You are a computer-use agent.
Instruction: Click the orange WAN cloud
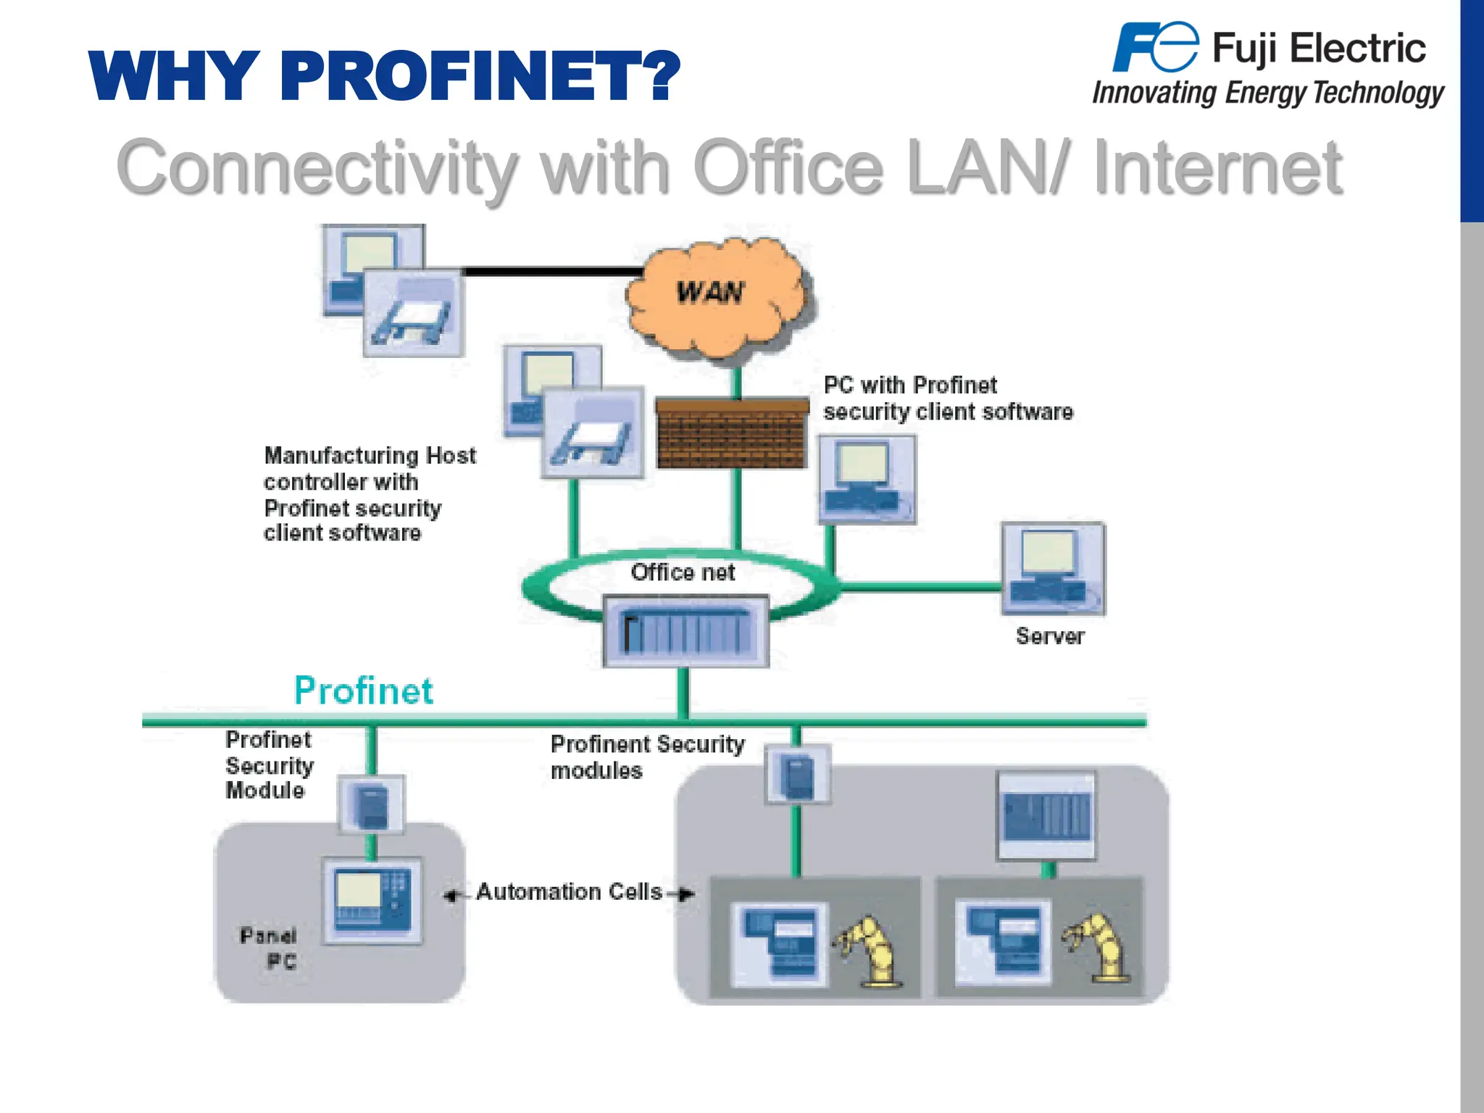pyautogui.click(x=714, y=297)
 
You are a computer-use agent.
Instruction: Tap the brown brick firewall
pyautogui.click(x=732, y=433)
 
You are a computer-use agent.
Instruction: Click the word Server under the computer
pyautogui.click(x=1050, y=636)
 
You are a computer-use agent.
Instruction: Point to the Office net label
pyautogui.click(x=683, y=572)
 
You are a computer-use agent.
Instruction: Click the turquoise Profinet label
pyautogui.click(x=364, y=691)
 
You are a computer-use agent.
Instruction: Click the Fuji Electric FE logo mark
pyautogui.click(x=1155, y=48)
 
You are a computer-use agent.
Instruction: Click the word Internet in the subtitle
pyautogui.click(x=1217, y=168)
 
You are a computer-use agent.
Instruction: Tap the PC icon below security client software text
pyautogui.click(x=867, y=480)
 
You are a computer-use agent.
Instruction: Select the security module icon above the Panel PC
pyautogui.click(x=371, y=805)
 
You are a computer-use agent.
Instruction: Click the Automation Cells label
pyautogui.click(x=569, y=892)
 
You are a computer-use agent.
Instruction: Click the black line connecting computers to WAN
pyautogui.click(x=551, y=272)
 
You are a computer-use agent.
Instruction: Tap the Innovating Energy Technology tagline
pyautogui.click(x=1267, y=93)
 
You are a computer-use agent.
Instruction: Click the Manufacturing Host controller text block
pyautogui.click(x=369, y=494)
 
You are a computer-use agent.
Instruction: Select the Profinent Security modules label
pyautogui.click(x=646, y=757)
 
